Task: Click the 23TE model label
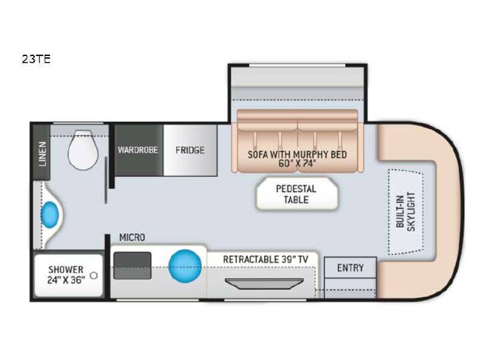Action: [x=36, y=59]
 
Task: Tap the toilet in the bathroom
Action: [x=83, y=150]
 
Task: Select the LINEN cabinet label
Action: [x=43, y=154]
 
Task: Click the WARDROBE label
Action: [x=138, y=150]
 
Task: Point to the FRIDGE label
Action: [x=190, y=150]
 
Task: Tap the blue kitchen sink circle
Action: [x=185, y=265]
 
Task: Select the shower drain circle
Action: [x=94, y=275]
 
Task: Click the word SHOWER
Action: [x=66, y=270]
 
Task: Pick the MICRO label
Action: [x=132, y=237]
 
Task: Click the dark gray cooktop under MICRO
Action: [x=132, y=265]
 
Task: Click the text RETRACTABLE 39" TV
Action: [x=265, y=259]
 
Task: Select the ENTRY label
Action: [x=350, y=268]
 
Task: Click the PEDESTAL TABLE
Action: [x=297, y=194]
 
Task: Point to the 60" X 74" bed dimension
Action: [x=297, y=163]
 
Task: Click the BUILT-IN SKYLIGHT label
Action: [x=405, y=211]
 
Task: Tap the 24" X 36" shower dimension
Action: [x=66, y=280]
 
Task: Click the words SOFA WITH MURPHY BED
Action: [x=297, y=155]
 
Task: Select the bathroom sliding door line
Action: [x=106, y=180]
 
